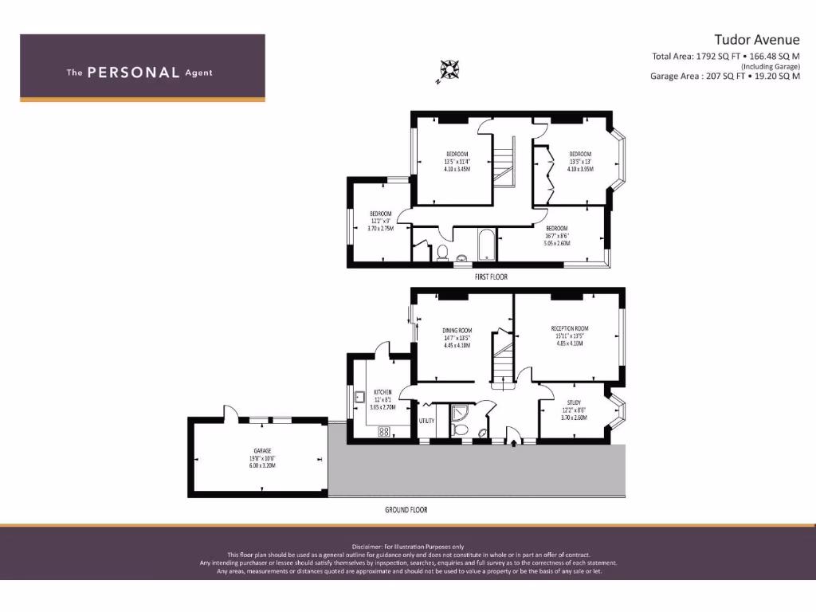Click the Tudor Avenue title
point(756,40)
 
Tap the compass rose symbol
point(449,70)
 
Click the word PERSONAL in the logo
point(133,73)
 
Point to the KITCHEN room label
point(383,392)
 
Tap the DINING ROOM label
point(457,330)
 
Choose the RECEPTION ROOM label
point(570,328)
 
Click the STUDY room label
point(574,402)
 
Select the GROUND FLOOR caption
point(407,509)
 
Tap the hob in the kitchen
point(383,432)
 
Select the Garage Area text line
point(724,76)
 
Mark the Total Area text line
point(725,56)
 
